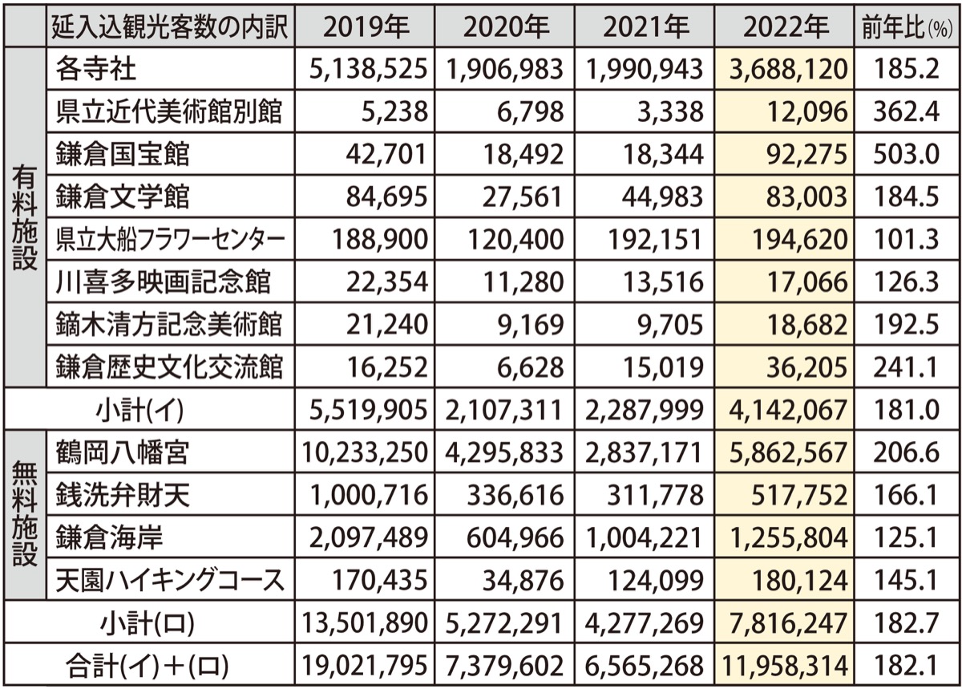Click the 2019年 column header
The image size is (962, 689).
click(365, 27)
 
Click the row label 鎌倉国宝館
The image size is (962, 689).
click(123, 154)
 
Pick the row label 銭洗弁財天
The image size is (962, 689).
click(123, 495)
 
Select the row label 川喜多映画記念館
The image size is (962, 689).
click(162, 282)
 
